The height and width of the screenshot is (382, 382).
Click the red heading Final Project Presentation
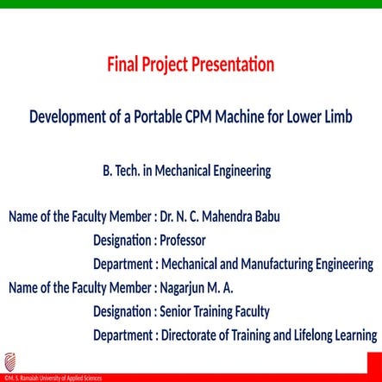click(191, 65)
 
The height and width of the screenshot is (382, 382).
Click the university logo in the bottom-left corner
click(9, 361)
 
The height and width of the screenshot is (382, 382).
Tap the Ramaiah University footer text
click(52, 378)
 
